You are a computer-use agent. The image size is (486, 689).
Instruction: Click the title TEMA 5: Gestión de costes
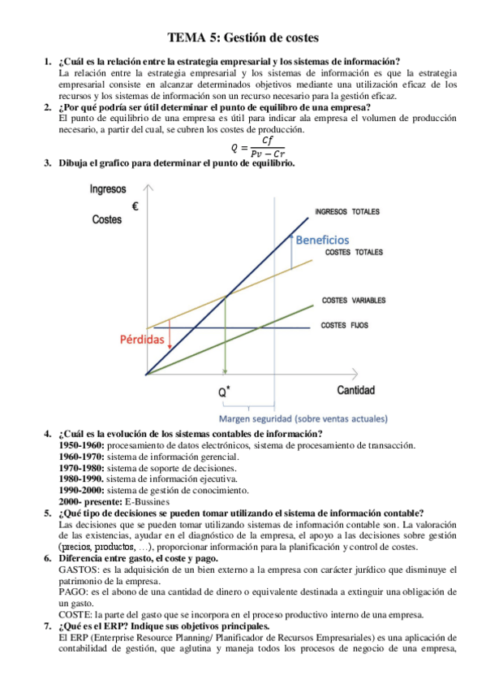point(243,37)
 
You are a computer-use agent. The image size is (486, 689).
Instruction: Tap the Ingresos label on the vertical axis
point(107,190)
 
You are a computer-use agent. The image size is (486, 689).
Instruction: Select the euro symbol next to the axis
point(135,206)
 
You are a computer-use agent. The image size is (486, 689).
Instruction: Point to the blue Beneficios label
point(322,240)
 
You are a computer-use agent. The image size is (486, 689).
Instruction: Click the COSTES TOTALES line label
point(354,253)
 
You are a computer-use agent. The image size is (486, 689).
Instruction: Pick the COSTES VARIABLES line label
point(354,301)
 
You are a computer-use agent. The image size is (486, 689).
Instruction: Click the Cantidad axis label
point(356,390)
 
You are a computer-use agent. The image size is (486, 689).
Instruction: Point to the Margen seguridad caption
point(311,419)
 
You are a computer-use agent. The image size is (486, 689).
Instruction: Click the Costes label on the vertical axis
point(107,219)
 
